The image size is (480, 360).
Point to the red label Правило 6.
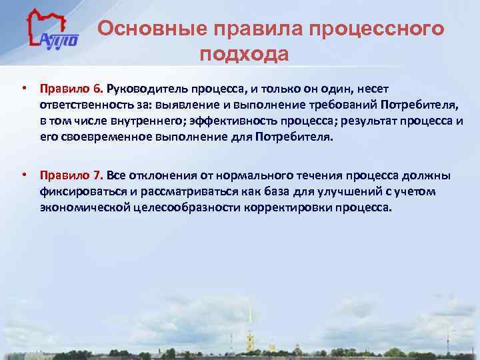(x=70, y=88)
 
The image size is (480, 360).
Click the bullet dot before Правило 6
(x=23, y=88)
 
